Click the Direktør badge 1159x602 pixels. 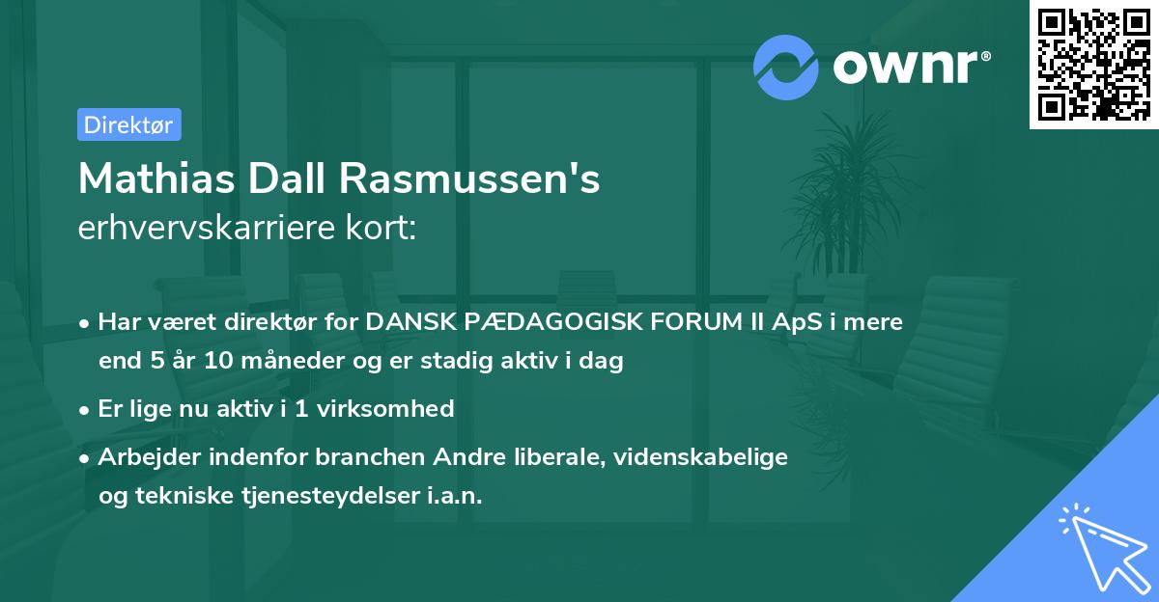128,124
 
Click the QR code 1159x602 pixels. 1094,65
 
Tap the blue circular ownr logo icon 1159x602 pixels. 786,68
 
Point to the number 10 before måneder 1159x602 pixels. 193,363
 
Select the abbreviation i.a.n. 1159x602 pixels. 454,496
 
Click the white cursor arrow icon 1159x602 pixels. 1101,545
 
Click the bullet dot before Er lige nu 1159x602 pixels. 86,410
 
